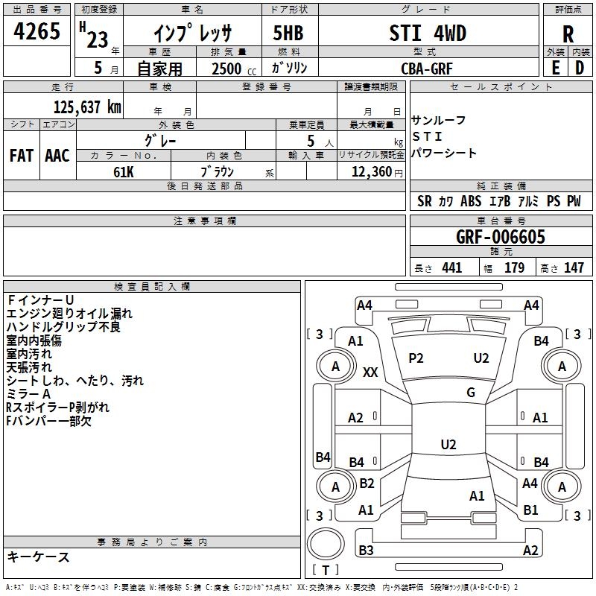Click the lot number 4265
(x=37, y=31)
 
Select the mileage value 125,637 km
(x=87, y=107)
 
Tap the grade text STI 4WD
(x=428, y=33)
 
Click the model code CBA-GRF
(x=427, y=69)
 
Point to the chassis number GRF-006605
(x=500, y=236)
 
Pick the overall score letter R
(x=568, y=34)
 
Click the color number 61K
(x=124, y=172)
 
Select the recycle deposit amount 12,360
(x=371, y=171)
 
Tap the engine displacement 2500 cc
(x=234, y=69)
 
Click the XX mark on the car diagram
(x=370, y=372)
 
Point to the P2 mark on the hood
(x=416, y=358)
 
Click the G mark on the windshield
(x=471, y=392)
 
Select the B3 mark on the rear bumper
(x=366, y=550)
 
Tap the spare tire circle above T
(x=326, y=544)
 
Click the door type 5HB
(x=288, y=33)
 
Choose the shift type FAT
(x=22, y=156)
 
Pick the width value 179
(x=514, y=267)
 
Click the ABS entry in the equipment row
(x=471, y=201)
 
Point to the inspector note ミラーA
(x=28, y=394)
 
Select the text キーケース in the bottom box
(x=38, y=557)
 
